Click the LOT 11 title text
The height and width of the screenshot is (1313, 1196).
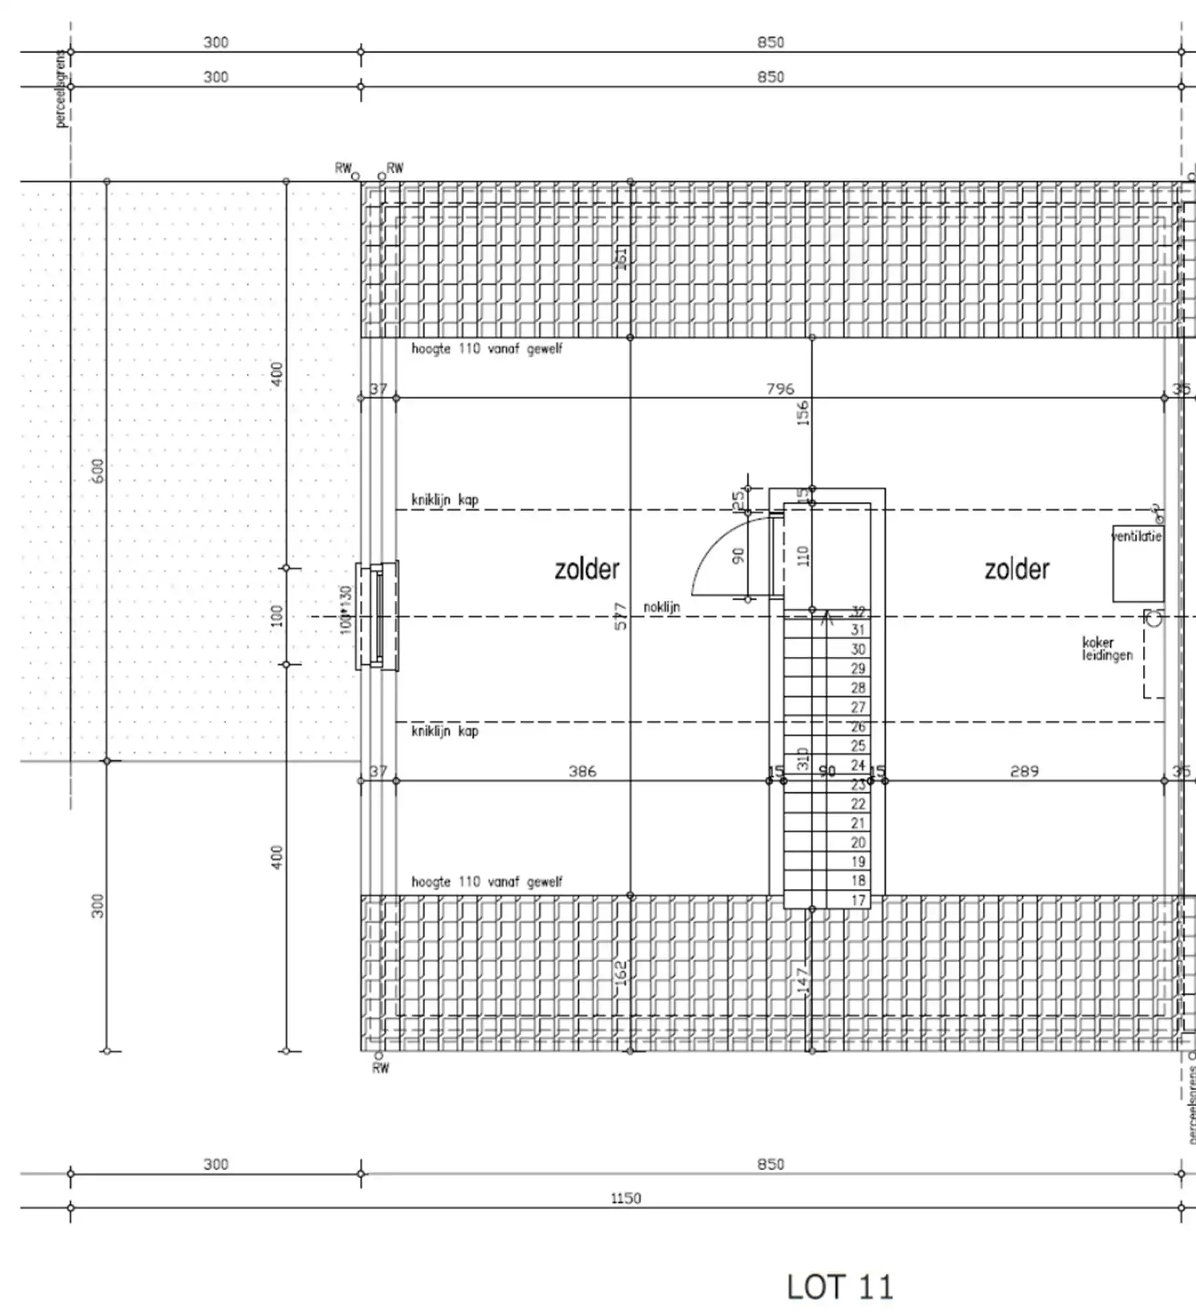click(841, 1286)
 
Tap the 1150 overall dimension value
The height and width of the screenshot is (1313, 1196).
click(626, 1198)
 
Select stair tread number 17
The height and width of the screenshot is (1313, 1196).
click(858, 900)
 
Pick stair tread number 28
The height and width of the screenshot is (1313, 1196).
click(858, 687)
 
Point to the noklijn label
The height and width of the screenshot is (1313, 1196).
click(661, 607)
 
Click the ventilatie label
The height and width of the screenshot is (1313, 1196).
click(1137, 537)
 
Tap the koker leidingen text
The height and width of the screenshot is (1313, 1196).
click(1107, 649)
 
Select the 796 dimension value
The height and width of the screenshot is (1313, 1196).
click(780, 388)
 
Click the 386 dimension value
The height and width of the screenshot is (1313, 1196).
click(582, 771)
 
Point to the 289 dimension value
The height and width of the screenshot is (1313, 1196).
click(1024, 771)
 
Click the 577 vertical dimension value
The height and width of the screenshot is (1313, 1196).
click(620, 616)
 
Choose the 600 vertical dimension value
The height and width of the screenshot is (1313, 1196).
click(98, 471)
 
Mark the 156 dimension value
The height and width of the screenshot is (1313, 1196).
click(803, 412)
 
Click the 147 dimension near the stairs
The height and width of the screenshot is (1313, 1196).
click(803, 981)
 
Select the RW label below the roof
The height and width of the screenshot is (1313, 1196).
click(381, 1068)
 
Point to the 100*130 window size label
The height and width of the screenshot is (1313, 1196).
click(345, 609)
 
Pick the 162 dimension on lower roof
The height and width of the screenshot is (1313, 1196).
click(621, 974)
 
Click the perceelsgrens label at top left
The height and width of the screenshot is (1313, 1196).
click(62, 88)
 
